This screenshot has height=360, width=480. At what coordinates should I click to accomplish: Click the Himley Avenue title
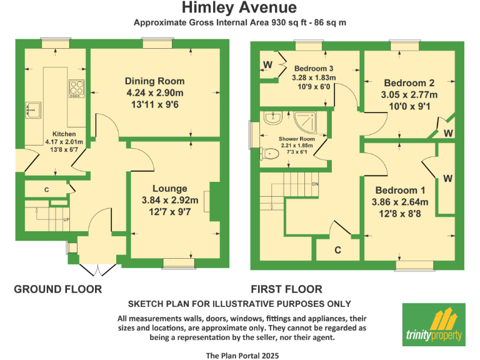239,8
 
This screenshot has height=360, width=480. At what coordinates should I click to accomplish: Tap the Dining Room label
154,81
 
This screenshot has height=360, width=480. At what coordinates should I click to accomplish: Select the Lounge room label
169,188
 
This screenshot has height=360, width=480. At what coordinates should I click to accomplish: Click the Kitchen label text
64,134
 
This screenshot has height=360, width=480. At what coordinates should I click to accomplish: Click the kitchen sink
32,109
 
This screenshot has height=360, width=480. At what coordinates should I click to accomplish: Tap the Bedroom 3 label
314,69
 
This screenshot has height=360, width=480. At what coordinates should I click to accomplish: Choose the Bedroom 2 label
409,83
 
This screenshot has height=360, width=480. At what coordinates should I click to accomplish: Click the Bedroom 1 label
400,191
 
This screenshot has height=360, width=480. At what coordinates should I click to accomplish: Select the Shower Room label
296,139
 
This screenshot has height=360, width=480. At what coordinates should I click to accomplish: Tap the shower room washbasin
271,117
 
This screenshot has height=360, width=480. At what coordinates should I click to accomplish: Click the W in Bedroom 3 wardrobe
267,65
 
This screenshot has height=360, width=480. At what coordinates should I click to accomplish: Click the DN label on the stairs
316,184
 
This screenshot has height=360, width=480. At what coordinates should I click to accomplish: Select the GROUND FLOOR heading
57,289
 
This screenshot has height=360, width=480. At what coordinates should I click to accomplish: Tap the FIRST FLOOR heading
286,289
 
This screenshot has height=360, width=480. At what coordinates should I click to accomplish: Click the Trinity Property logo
434,324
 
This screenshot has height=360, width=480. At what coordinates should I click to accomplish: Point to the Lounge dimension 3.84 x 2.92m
169,201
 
